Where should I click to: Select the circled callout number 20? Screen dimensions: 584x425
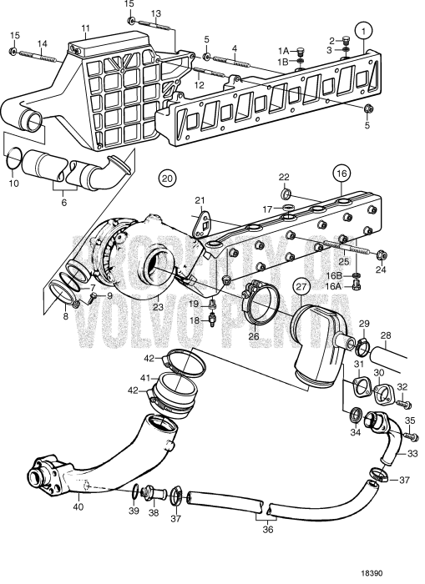pyautogui.click(x=168, y=178)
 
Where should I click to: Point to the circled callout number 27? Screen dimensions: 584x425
pyautogui.click(x=302, y=289)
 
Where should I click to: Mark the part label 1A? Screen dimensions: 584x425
pyautogui.click(x=285, y=50)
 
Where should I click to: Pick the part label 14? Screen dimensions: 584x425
pyautogui.click(x=42, y=43)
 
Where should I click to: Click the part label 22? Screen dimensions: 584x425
pyautogui.click(x=284, y=177)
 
